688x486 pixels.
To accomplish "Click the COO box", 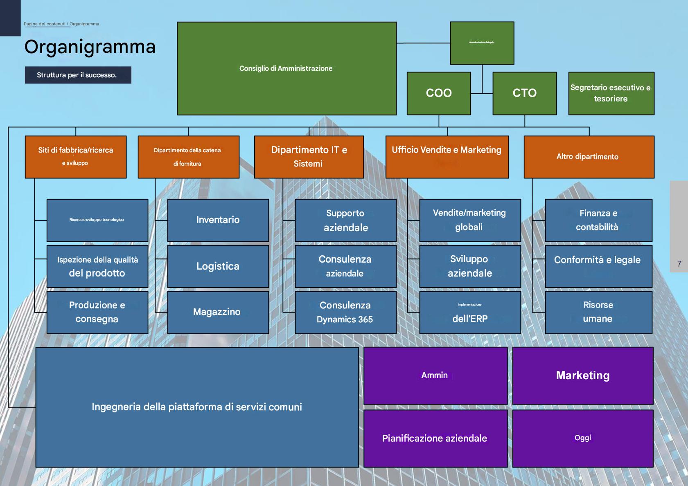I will pyautogui.click(x=439, y=93).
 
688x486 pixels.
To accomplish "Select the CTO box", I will pyautogui.click(x=524, y=93).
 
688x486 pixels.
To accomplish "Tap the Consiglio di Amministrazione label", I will pyautogui.click(x=286, y=68).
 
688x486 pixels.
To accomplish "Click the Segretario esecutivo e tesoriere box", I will pyautogui.click(x=611, y=93).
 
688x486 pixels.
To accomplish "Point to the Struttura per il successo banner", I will pyautogui.click(x=78, y=75).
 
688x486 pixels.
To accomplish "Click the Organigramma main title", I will pyautogui.click(x=90, y=47).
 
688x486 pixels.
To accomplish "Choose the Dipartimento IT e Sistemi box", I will pyautogui.click(x=309, y=157).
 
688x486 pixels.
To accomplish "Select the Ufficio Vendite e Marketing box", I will pyautogui.click(x=447, y=157).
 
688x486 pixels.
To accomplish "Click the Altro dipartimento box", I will pyautogui.click(x=589, y=157).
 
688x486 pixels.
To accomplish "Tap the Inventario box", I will pyautogui.click(x=218, y=220).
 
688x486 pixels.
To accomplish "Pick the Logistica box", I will pyautogui.click(x=218, y=266).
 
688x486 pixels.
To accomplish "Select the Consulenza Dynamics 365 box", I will pyautogui.click(x=345, y=312).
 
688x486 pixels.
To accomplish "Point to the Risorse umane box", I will pyautogui.click(x=598, y=312).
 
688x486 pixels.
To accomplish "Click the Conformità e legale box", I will pyautogui.click(x=598, y=266).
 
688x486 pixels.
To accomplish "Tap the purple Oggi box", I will pyautogui.click(x=582, y=438).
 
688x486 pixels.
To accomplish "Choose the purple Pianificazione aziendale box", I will pyautogui.click(x=435, y=438).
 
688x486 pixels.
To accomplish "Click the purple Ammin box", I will pyautogui.click(x=435, y=376).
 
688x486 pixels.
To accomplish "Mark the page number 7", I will pyautogui.click(x=679, y=264).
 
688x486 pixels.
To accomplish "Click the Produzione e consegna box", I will pyautogui.click(x=97, y=312).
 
